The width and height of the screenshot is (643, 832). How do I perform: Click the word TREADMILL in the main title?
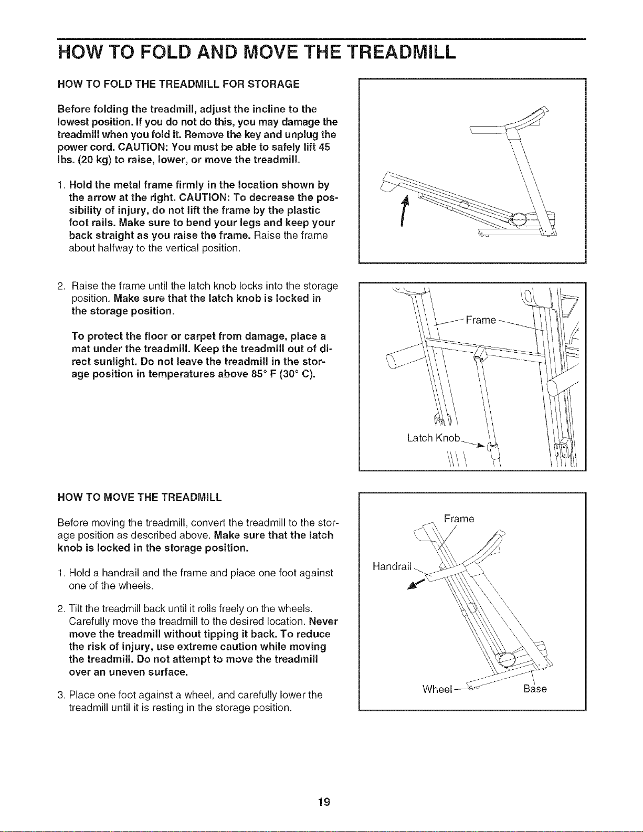click(403, 52)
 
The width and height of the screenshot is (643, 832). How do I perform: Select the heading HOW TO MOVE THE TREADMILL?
click(140, 497)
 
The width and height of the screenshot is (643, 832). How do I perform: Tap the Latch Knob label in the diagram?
click(433, 438)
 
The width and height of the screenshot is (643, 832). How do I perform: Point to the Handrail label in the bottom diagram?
click(392, 566)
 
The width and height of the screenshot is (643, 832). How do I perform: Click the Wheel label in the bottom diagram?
click(437, 689)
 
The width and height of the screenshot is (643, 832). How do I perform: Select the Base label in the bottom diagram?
click(535, 689)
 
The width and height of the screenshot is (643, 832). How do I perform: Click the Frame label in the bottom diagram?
click(459, 519)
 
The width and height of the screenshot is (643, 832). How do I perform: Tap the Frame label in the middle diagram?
click(481, 320)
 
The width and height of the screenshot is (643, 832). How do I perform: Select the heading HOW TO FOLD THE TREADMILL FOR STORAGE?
click(178, 84)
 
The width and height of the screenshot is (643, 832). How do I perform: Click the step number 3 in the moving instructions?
click(60, 695)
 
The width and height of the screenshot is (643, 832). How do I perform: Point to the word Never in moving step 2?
click(323, 620)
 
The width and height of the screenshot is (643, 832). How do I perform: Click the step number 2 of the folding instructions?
click(60, 286)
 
